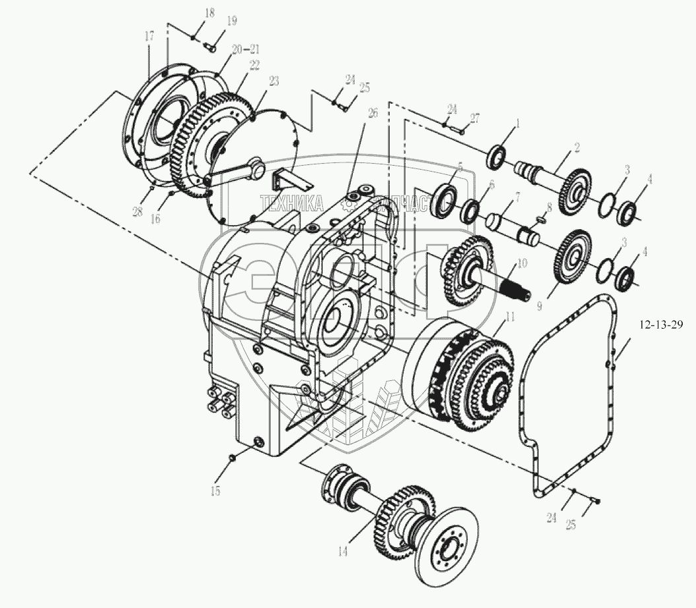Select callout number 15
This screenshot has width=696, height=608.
215,491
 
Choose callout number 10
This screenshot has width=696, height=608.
522,263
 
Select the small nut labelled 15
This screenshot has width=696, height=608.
233,457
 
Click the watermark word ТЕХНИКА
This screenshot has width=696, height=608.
291,202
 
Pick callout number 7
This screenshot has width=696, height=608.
517,197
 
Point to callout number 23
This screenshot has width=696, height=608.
274,81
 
